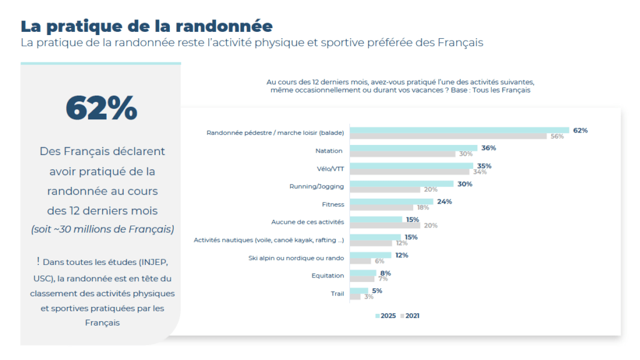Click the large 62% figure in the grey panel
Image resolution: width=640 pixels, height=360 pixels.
pyautogui.click(x=101, y=108)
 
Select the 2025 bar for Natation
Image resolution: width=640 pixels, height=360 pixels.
pyautogui.click(x=413, y=148)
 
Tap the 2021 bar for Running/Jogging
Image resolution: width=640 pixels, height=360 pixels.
pyautogui.click(x=385, y=189)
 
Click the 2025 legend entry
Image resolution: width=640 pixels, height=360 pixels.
pyautogui.click(x=386, y=316)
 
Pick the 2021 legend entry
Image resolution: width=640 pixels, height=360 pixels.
pyautogui.click(x=410, y=316)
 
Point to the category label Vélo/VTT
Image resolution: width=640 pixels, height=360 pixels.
pyautogui.click(x=329, y=169)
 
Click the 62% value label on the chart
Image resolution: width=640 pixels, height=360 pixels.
pyautogui.click(x=580, y=130)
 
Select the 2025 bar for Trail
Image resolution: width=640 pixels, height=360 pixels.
pyautogui.click(x=359, y=291)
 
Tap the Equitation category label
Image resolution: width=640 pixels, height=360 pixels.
pyautogui.click(x=327, y=276)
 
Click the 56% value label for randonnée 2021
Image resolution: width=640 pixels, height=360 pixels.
pyautogui.click(x=556, y=136)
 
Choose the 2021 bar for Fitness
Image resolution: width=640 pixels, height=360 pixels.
pyautogui.click(x=381, y=207)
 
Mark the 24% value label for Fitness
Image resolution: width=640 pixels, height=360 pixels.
pyautogui.click(x=444, y=201)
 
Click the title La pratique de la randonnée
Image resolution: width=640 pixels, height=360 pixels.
pyautogui.click(x=146, y=26)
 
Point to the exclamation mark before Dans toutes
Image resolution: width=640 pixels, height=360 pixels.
pyautogui.click(x=38, y=261)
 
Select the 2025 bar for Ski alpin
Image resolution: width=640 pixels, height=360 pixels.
pyautogui.click(x=371, y=255)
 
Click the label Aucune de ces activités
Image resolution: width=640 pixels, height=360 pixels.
pyautogui.click(x=307, y=222)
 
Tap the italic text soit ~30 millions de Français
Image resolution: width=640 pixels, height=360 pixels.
pyautogui.click(x=102, y=229)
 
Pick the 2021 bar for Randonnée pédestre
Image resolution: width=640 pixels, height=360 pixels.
pyautogui.click(x=448, y=136)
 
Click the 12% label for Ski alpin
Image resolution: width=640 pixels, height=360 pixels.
pyautogui.click(x=401, y=255)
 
